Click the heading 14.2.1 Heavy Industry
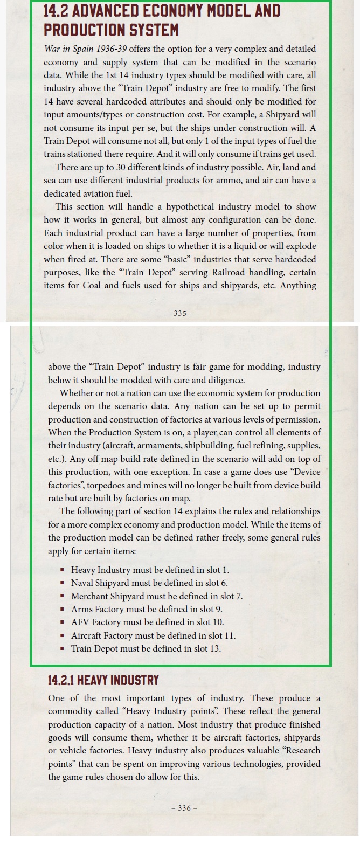(x=103, y=680)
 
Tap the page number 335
(x=180, y=314)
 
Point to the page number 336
(x=184, y=808)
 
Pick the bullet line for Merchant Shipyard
(x=157, y=596)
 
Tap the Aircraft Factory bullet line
(x=153, y=635)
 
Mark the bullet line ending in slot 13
(x=146, y=648)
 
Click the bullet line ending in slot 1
(x=150, y=570)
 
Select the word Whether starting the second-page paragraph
(x=79, y=393)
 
